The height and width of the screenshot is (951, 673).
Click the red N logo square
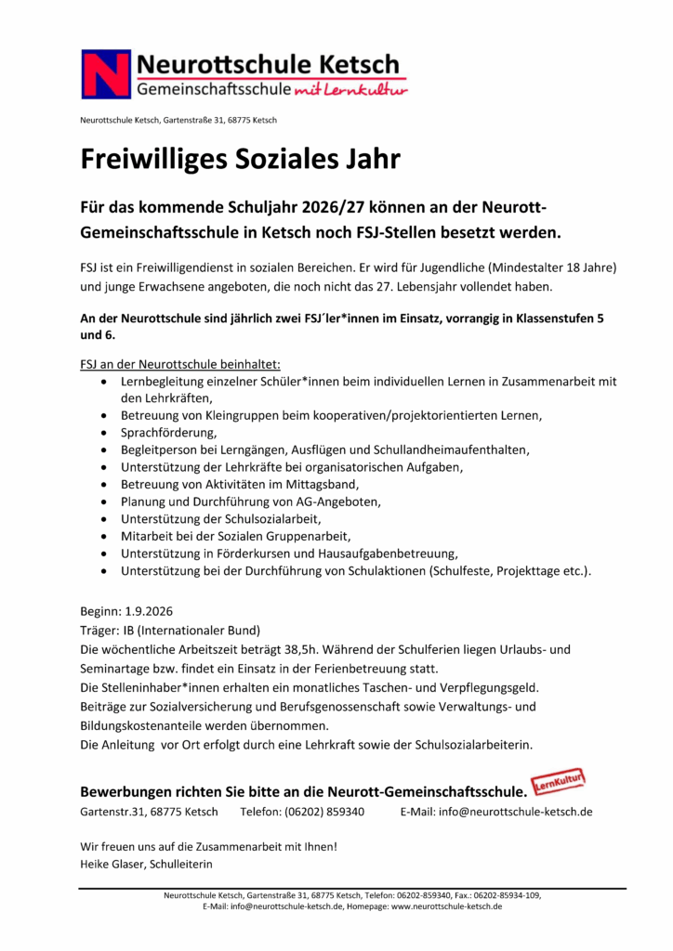(x=105, y=74)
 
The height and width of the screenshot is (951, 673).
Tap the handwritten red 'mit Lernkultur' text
(x=350, y=90)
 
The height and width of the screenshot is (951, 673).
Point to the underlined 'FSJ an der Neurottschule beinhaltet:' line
(x=180, y=363)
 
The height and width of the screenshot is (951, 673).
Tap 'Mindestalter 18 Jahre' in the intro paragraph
(x=548, y=267)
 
